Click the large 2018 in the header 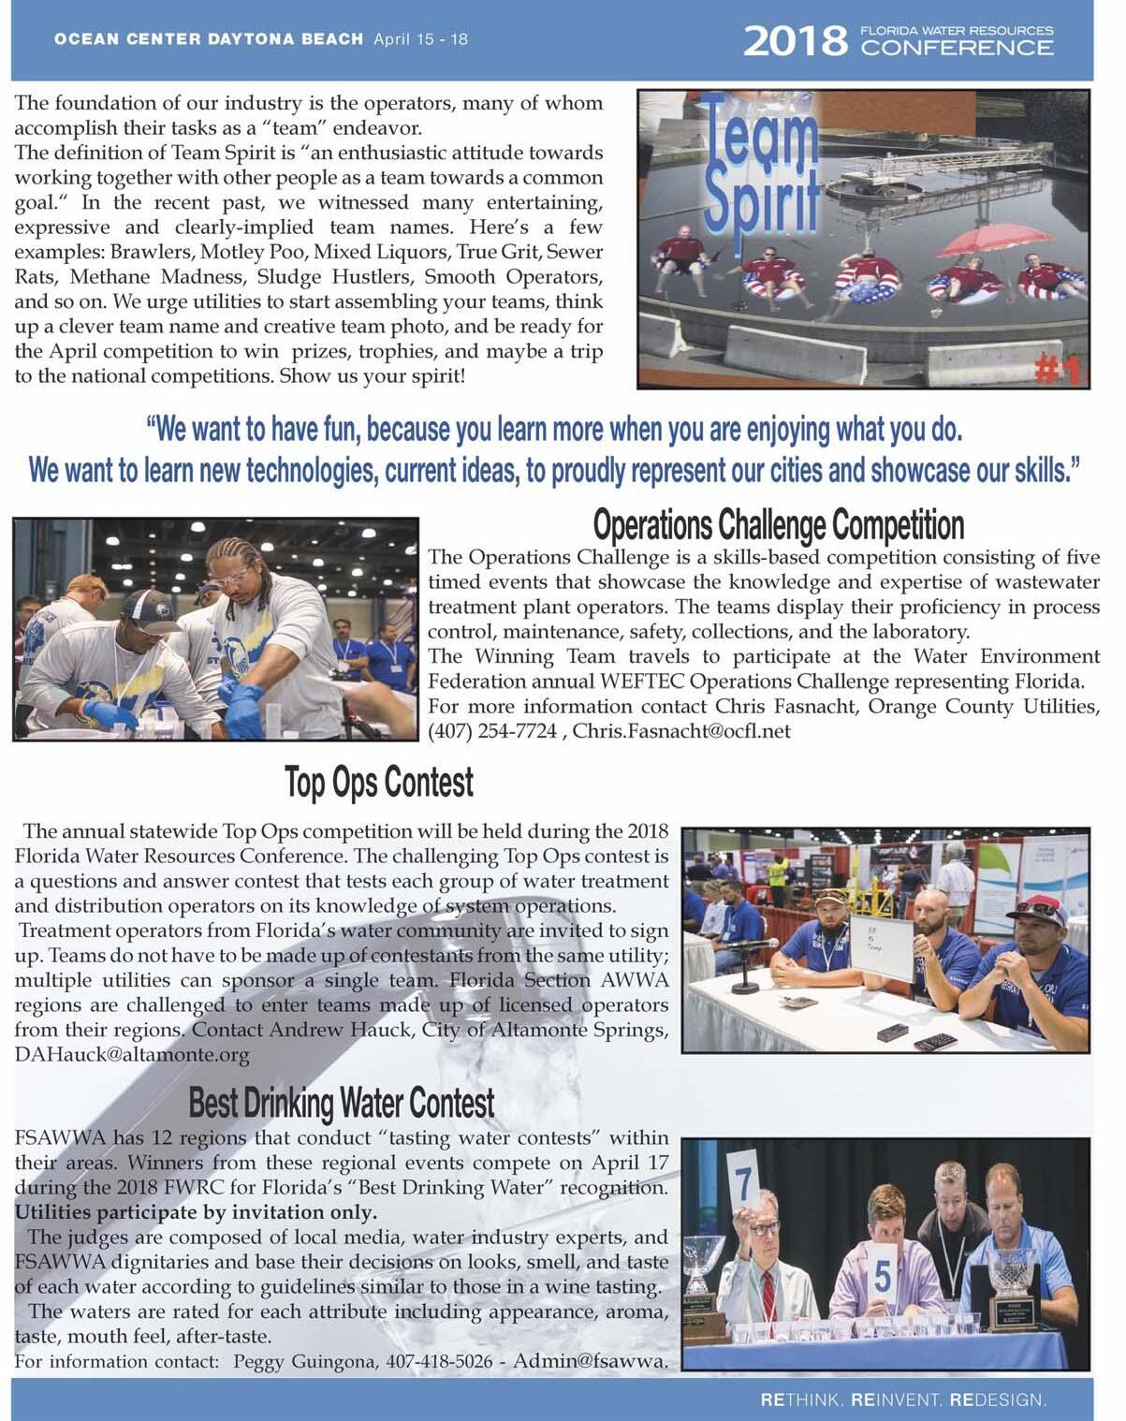[x=794, y=41]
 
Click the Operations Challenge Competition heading [x=778, y=525]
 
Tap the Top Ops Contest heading [x=379, y=783]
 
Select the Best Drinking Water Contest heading [x=342, y=1103]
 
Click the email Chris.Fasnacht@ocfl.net [x=681, y=731]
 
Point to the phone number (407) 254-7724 [x=492, y=731]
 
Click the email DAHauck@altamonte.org [x=132, y=1055]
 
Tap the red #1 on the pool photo [x=1059, y=371]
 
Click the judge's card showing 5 [x=883, y=1276]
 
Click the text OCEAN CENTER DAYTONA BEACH [x=209, y=39]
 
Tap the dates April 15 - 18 [x=420, y=39]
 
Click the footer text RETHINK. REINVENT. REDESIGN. [x=903, y=1400]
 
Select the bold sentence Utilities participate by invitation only [x=196, y=1212]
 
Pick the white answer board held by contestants [x=880, y=947]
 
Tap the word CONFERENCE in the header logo [x=957, y=49]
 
